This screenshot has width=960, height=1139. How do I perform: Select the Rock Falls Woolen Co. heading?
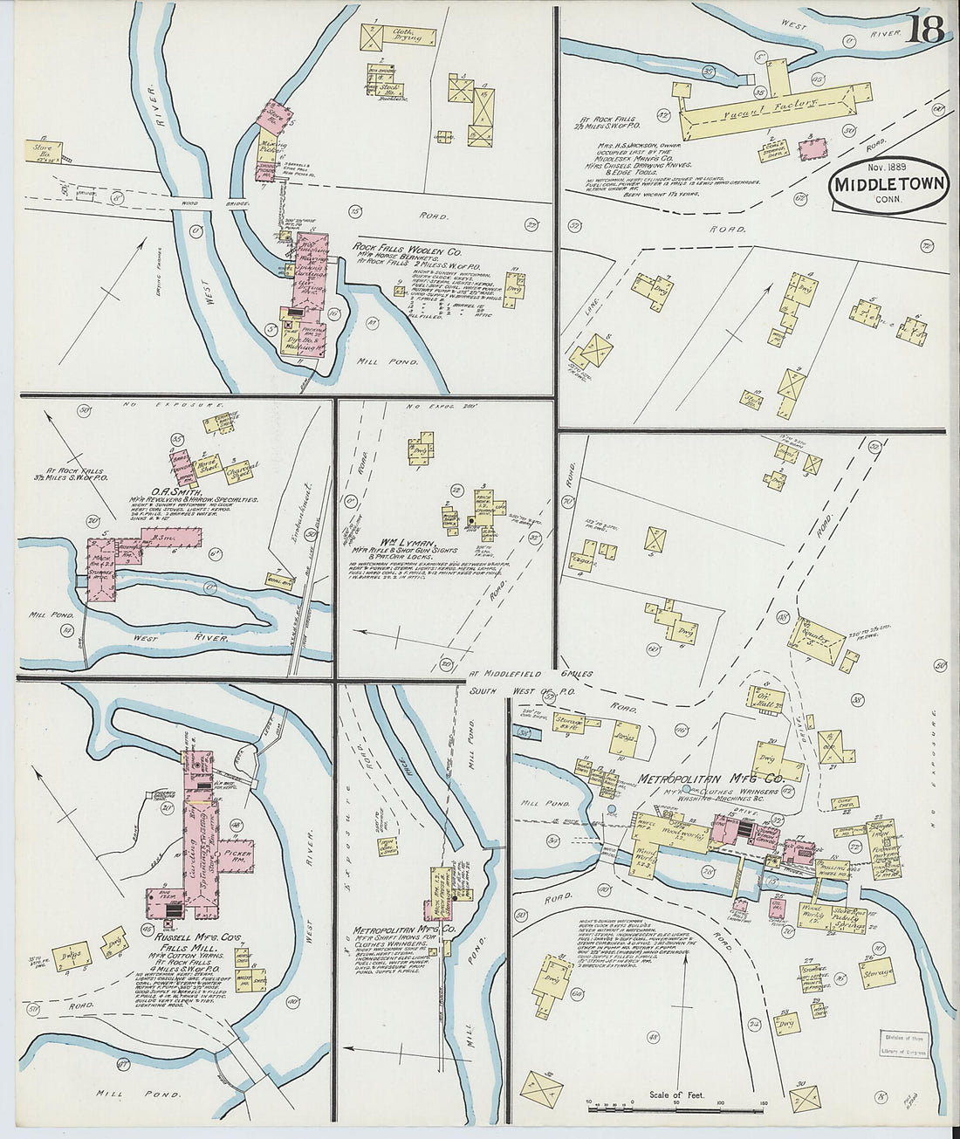tap(407, 248)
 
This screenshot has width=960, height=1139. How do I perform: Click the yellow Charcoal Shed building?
tap(235, 472)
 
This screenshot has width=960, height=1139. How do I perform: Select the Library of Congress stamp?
tap(908, 1046)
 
